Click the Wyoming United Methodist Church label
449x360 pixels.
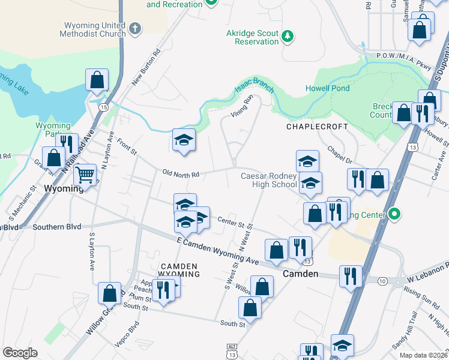92,29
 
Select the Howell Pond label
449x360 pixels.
327,88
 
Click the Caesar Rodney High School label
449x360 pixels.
268,180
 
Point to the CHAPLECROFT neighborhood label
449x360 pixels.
317,127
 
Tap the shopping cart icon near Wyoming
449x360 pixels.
85,175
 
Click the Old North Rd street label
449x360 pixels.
181,175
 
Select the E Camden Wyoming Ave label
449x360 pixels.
218,251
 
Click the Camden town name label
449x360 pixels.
300,274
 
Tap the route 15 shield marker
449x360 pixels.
104,107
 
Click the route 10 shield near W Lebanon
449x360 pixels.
382,281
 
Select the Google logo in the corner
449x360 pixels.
20,353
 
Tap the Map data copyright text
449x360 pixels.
423,355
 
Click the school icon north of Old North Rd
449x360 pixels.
184,140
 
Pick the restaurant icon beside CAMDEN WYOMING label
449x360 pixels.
163,289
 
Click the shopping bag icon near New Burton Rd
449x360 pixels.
96,80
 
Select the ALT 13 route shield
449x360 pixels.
232,349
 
